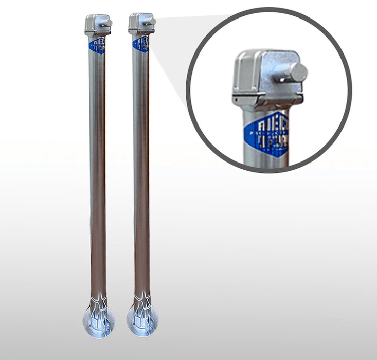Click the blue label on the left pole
click(x=98, y=45)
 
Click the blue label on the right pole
click(x=140, y=44)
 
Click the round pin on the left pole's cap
click(x=109, y=23)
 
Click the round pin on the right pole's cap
click(x=152, y=21)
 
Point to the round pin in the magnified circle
click(x=297, y=73)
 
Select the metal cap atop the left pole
click(x=96, y=25)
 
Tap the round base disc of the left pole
click(x=98, y=320)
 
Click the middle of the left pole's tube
click(x=97, y=175)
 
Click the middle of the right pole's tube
click(x=141, y=175)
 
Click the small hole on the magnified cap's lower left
click(x=235, y=97)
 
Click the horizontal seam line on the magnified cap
click(x=267, y=94)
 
